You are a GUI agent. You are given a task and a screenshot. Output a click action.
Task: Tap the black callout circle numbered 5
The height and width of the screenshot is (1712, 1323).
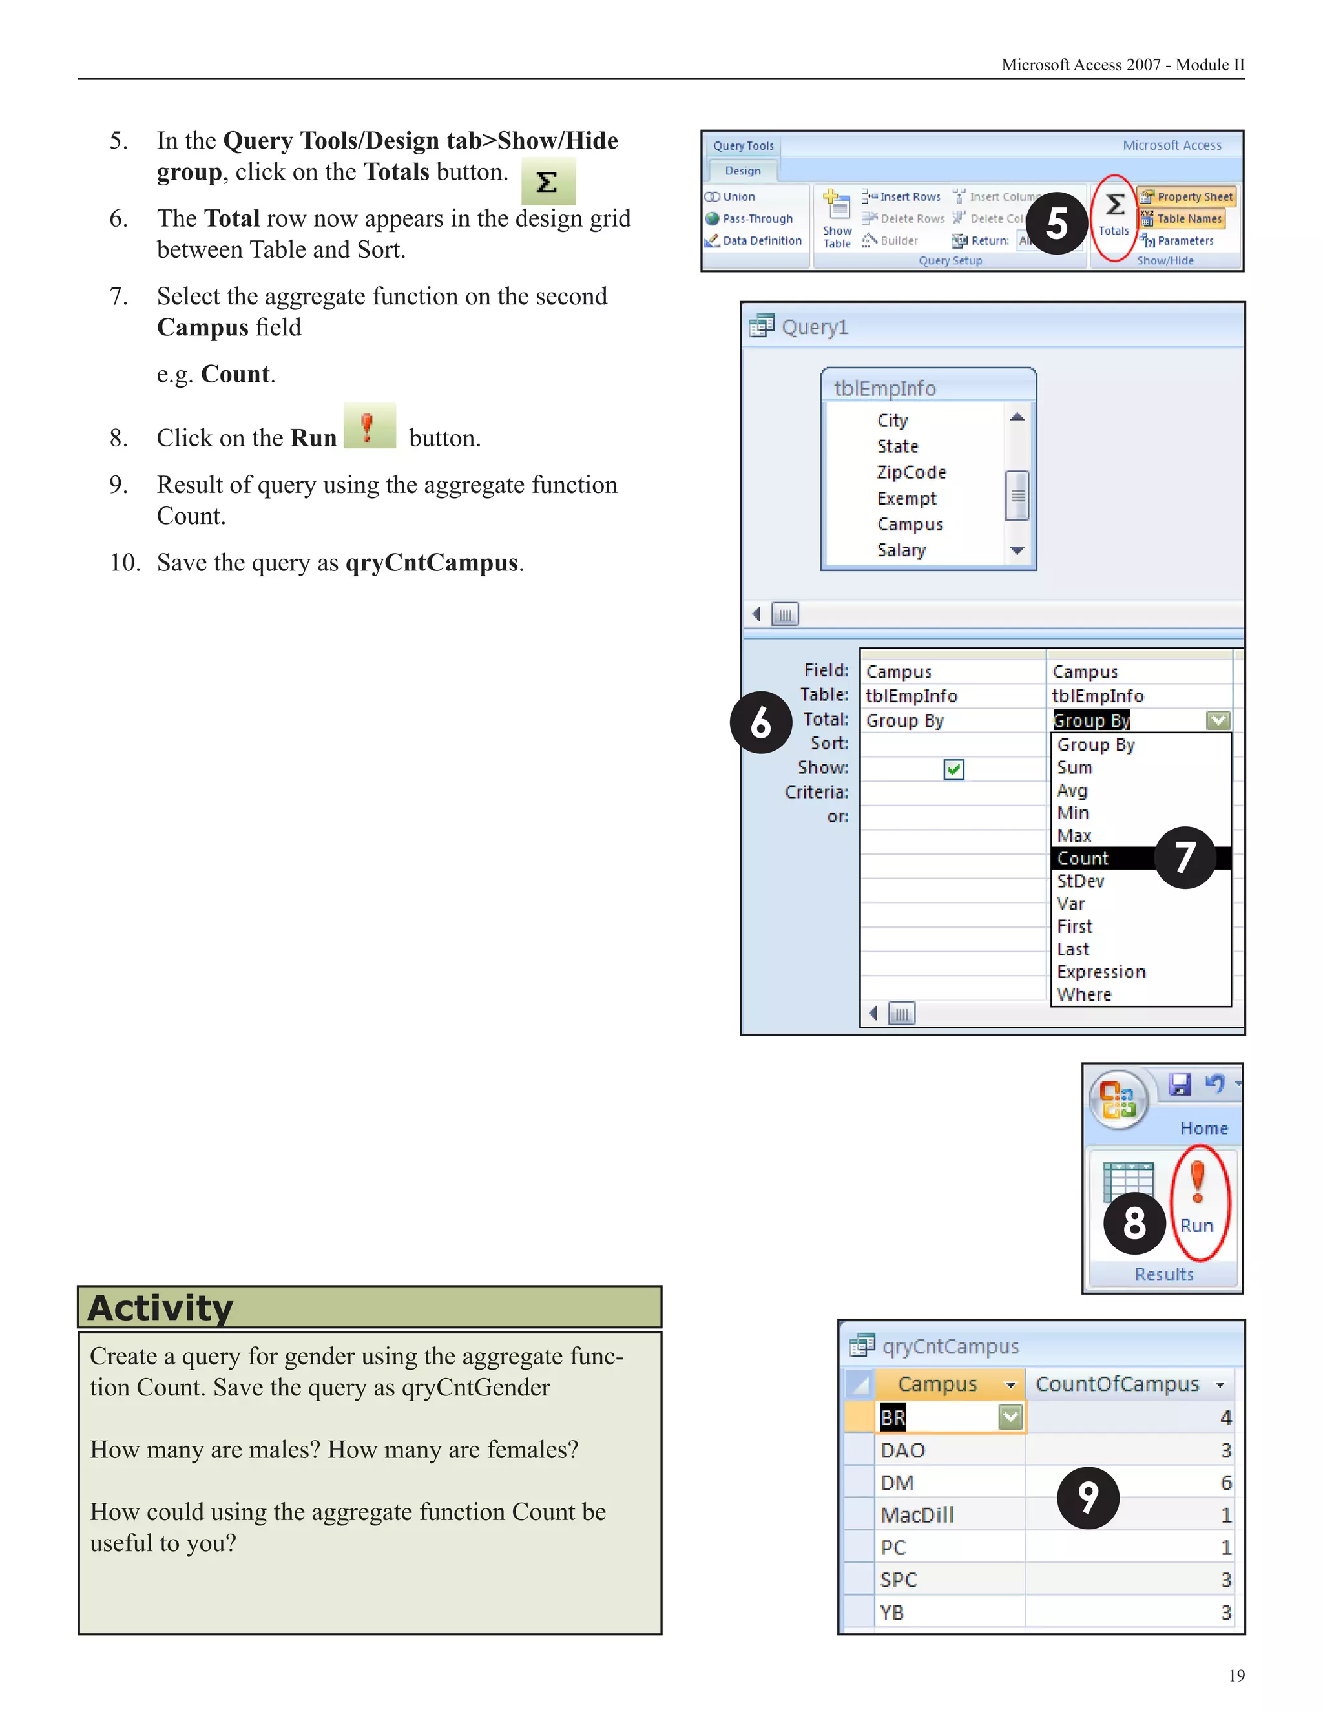(1056, 224)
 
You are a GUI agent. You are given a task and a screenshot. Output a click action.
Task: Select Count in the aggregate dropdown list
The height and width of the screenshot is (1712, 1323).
(1083, 859)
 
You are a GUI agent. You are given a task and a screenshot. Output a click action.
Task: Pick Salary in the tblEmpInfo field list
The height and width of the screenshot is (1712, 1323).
(901, 550)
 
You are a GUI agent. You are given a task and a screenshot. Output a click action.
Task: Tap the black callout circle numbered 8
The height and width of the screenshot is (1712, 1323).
(1134, 1224)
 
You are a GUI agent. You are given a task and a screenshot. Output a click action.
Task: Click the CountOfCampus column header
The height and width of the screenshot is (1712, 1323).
(1118, 1384)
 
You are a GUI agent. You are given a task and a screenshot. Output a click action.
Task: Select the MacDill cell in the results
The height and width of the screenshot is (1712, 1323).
(917, 1515)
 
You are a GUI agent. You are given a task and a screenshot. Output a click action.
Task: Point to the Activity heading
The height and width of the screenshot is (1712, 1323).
(161, 1308)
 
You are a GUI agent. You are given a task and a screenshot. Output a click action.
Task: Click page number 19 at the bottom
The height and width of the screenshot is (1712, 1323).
(1236, 1676)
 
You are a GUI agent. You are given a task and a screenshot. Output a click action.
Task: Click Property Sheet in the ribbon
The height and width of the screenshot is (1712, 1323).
(1187, 197)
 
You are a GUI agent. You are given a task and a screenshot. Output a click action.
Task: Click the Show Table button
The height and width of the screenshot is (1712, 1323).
(837, 220)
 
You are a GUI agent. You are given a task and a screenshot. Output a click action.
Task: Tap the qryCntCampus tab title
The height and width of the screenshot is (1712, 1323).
(950, 1347)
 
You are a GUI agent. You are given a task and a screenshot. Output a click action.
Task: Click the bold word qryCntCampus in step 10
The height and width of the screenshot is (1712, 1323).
(432, 563)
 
